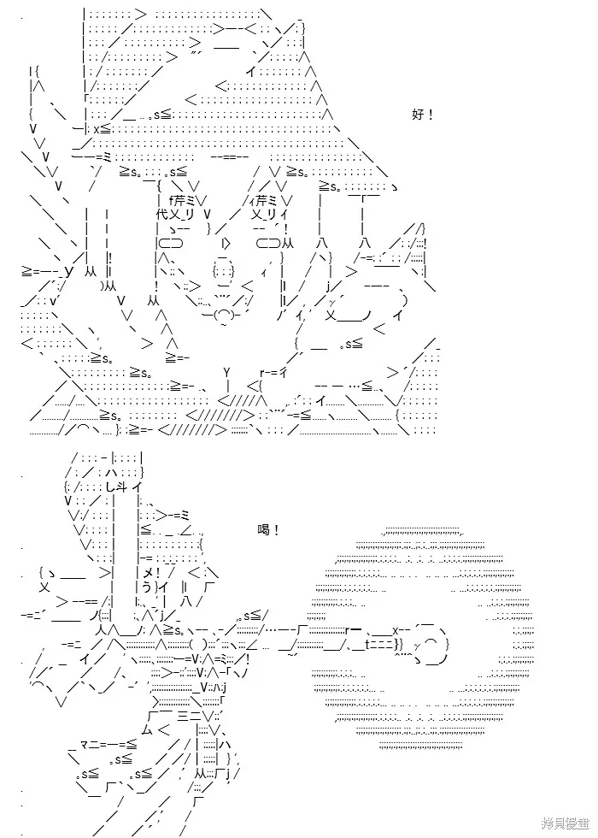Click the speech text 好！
[423, 115]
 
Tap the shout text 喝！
[268, 531]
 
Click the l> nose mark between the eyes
[226, 244]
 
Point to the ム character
[147, 729]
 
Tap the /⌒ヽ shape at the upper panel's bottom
[81, 428]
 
